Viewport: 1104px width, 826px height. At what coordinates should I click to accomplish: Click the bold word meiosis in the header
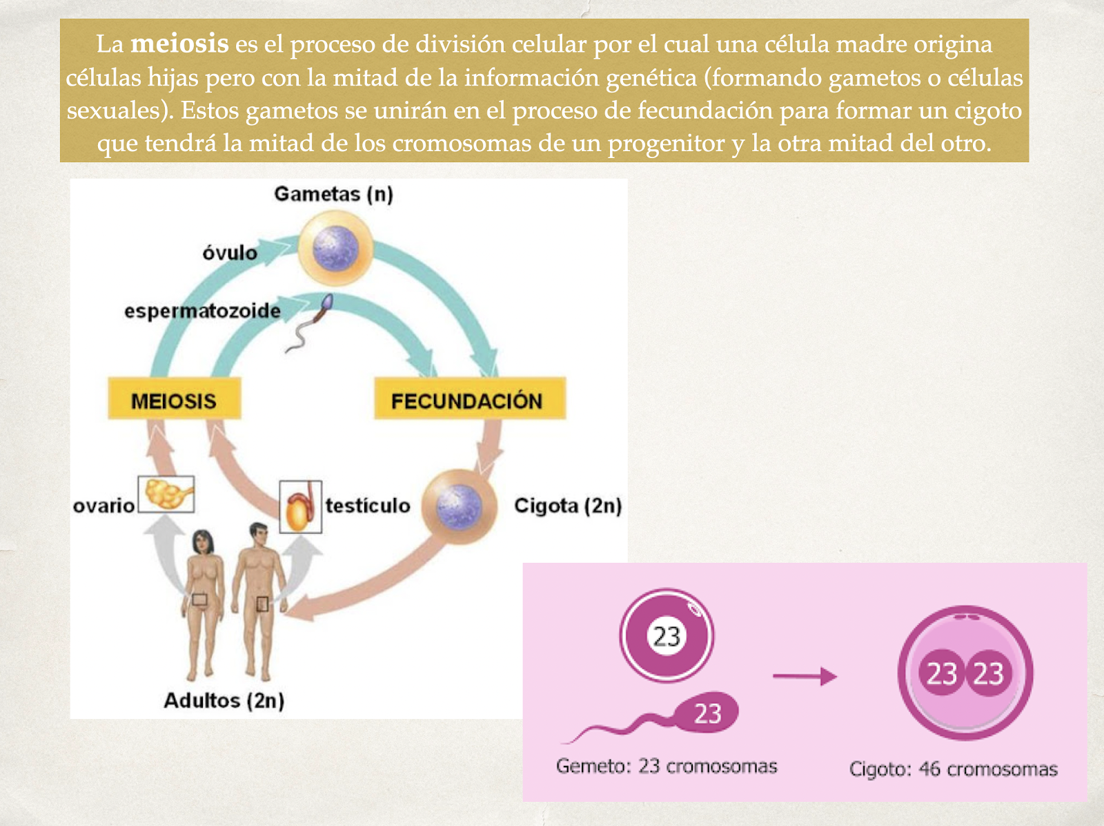coord(179,44)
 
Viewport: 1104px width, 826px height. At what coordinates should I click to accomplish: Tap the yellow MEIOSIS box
coord(174,400)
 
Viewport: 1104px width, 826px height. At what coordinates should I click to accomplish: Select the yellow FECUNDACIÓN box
coord(469,399)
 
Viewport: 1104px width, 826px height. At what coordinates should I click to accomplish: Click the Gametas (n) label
coord(333,193)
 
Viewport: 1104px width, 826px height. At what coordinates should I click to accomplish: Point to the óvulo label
coord(230,253)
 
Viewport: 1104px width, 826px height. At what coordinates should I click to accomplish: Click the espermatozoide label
coord(202,311)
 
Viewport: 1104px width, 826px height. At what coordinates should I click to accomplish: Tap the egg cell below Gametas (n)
coord(335,249)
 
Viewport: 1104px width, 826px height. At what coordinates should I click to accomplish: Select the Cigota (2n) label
coord(567,506)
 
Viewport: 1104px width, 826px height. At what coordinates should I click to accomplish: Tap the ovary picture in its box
coord(166,494)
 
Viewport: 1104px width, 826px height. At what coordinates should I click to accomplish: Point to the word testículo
coord(368,506)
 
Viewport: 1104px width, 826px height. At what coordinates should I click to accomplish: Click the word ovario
coord(103,506)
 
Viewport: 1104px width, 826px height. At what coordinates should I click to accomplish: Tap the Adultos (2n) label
coord(224,700)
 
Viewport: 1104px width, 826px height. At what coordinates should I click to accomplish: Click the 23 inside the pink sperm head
coord(707,713)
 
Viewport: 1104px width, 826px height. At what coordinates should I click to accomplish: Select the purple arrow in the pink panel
coord(804,676)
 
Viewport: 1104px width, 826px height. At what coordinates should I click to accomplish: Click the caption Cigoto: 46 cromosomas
coord(953,769)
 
